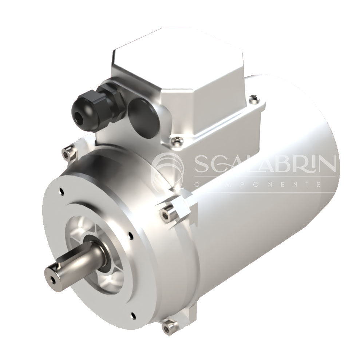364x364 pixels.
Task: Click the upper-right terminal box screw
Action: [x=254, y=99]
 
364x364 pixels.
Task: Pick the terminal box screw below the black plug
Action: [x=178, y=140]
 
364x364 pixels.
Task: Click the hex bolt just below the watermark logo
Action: [x=166, y=212]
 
